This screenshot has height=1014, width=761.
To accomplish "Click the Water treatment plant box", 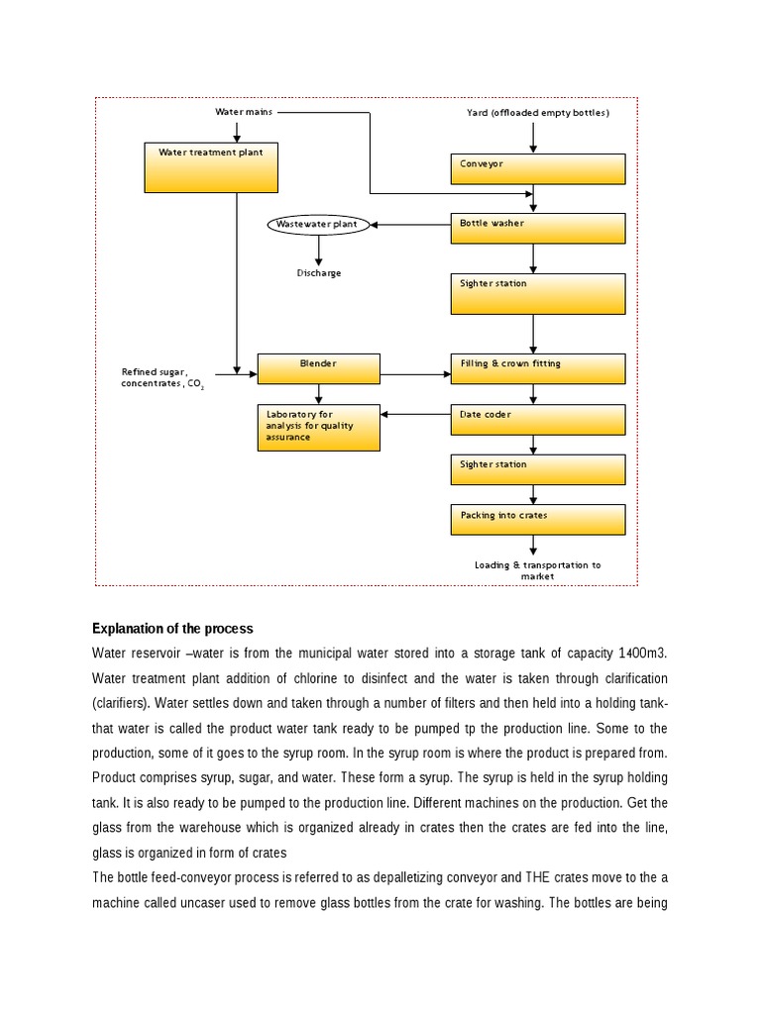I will (209, 167).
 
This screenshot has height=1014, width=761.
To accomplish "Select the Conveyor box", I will (538, 168).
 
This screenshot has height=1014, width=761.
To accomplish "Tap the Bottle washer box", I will (538, 228).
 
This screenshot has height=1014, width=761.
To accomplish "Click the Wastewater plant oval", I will (317, 225).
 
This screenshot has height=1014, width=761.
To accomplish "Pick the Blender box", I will (318, 368).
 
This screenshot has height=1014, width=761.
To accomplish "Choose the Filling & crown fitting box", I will (538, 368).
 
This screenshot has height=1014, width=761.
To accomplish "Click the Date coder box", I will (538, 419).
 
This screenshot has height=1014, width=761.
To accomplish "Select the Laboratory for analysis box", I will (318, 427).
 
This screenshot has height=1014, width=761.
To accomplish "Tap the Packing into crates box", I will (538, 520).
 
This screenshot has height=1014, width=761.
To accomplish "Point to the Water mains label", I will (244, 112).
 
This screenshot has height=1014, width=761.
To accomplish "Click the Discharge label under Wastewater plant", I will (319, 273).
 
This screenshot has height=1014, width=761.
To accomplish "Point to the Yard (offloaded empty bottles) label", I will (538, 113).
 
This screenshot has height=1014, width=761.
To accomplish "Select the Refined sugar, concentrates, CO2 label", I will (162, 377).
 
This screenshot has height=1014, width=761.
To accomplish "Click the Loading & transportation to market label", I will (538, 570).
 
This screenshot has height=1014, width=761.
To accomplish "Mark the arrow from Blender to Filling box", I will (414, 373).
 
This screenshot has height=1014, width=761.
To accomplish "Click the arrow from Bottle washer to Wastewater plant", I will (410, 225).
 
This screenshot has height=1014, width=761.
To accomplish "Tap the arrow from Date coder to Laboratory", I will (415, 414).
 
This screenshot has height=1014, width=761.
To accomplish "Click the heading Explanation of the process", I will (172, 629).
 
